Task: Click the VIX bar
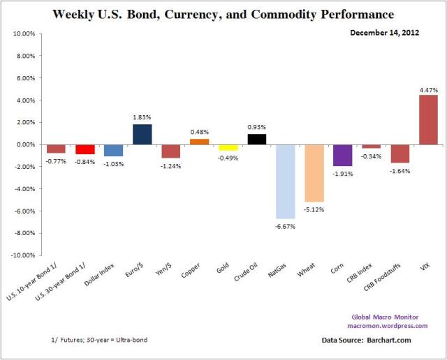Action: point(428,119)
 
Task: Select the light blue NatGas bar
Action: point(285,181)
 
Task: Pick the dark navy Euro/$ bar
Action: point(142,134)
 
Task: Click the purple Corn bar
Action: point(342,155)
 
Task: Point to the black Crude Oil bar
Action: point(256,139)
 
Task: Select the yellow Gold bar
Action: point(228,147)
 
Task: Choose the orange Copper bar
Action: point(199,142)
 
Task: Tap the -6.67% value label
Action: point(285,226)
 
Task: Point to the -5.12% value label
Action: point(314,209)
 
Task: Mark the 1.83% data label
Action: point(142,118)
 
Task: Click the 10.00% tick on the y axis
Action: point(24,33)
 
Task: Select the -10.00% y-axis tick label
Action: point(23,255)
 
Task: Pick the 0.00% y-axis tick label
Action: point(26,144)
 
